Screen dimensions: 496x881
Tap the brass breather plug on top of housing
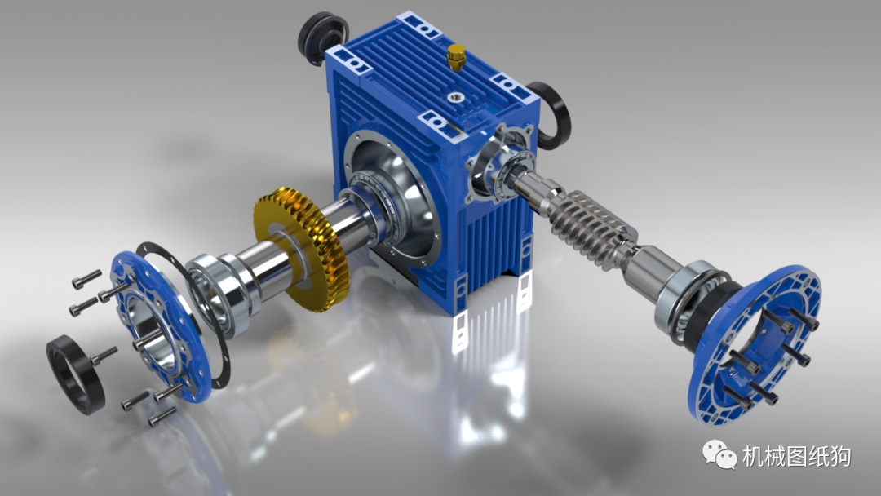click(x=454, y=58)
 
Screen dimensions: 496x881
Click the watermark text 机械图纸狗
click(x=796, y=456)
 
